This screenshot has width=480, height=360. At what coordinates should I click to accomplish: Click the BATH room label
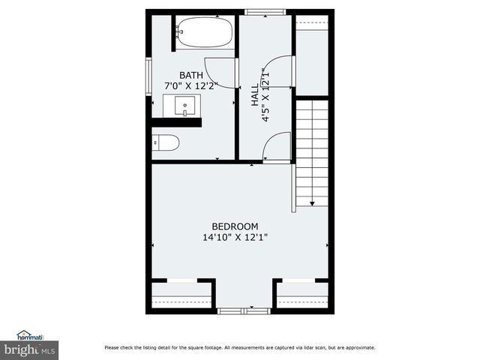pos(191,75)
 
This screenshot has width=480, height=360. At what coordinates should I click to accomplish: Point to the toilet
pos(166,142)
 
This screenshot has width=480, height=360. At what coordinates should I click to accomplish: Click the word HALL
pos(255,93)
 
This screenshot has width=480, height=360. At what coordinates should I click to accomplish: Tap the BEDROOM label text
pos(235,226)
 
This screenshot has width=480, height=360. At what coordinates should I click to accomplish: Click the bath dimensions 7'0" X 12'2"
pos(191,86)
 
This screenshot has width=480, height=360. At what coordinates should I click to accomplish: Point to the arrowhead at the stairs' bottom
pos(312,203)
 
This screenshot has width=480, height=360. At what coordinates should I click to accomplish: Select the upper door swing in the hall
pos(279,71)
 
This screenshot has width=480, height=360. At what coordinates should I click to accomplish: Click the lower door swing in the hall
pos(278,145)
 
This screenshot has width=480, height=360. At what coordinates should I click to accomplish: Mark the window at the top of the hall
pos(265,11)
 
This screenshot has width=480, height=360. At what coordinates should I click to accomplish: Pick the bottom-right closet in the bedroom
pos(302,294)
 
